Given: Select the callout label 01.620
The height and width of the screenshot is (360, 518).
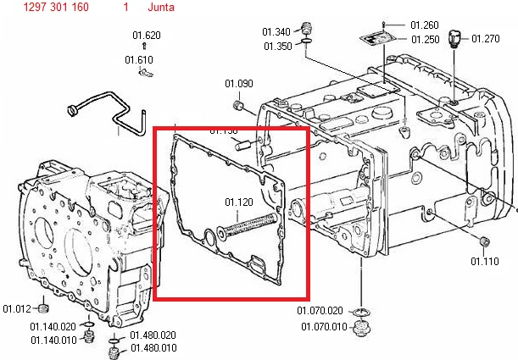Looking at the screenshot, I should click(147, 35).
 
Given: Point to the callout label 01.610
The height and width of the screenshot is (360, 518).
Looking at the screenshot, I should click(139, 59).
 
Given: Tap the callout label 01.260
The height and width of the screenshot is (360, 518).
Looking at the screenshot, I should click(425, 26).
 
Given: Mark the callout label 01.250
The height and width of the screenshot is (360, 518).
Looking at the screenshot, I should click(425, 39).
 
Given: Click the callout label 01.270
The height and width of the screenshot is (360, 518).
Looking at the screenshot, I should click(486, 38).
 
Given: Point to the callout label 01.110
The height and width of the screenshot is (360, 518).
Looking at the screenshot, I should click(485, 261).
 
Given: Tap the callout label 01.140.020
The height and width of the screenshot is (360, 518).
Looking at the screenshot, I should click(53, 327).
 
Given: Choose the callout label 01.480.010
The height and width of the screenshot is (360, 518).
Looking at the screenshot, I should click(153, 347).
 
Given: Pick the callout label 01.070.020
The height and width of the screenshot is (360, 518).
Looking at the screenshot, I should click(320, 310).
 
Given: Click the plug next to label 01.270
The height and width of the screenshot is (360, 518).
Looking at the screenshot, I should click(455, 37).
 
